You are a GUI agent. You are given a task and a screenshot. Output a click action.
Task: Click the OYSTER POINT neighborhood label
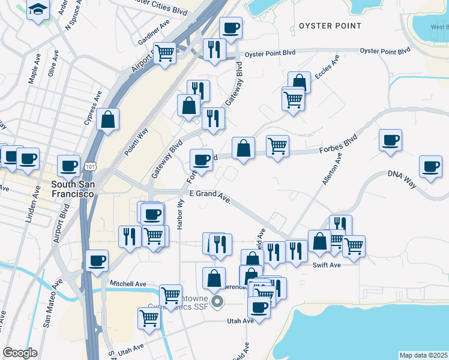coord(330,26)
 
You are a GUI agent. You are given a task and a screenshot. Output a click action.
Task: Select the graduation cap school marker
coord(38,10)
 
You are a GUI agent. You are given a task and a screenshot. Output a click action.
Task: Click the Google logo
coord(20,353)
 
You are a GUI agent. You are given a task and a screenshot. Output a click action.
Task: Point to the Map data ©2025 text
coord(423,355)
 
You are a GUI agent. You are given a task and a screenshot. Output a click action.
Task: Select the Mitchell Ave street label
coord(128,283)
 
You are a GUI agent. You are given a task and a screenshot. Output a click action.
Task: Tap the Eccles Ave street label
coord(327,67)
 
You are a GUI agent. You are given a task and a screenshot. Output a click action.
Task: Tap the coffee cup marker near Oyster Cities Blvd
coord(231,27)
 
